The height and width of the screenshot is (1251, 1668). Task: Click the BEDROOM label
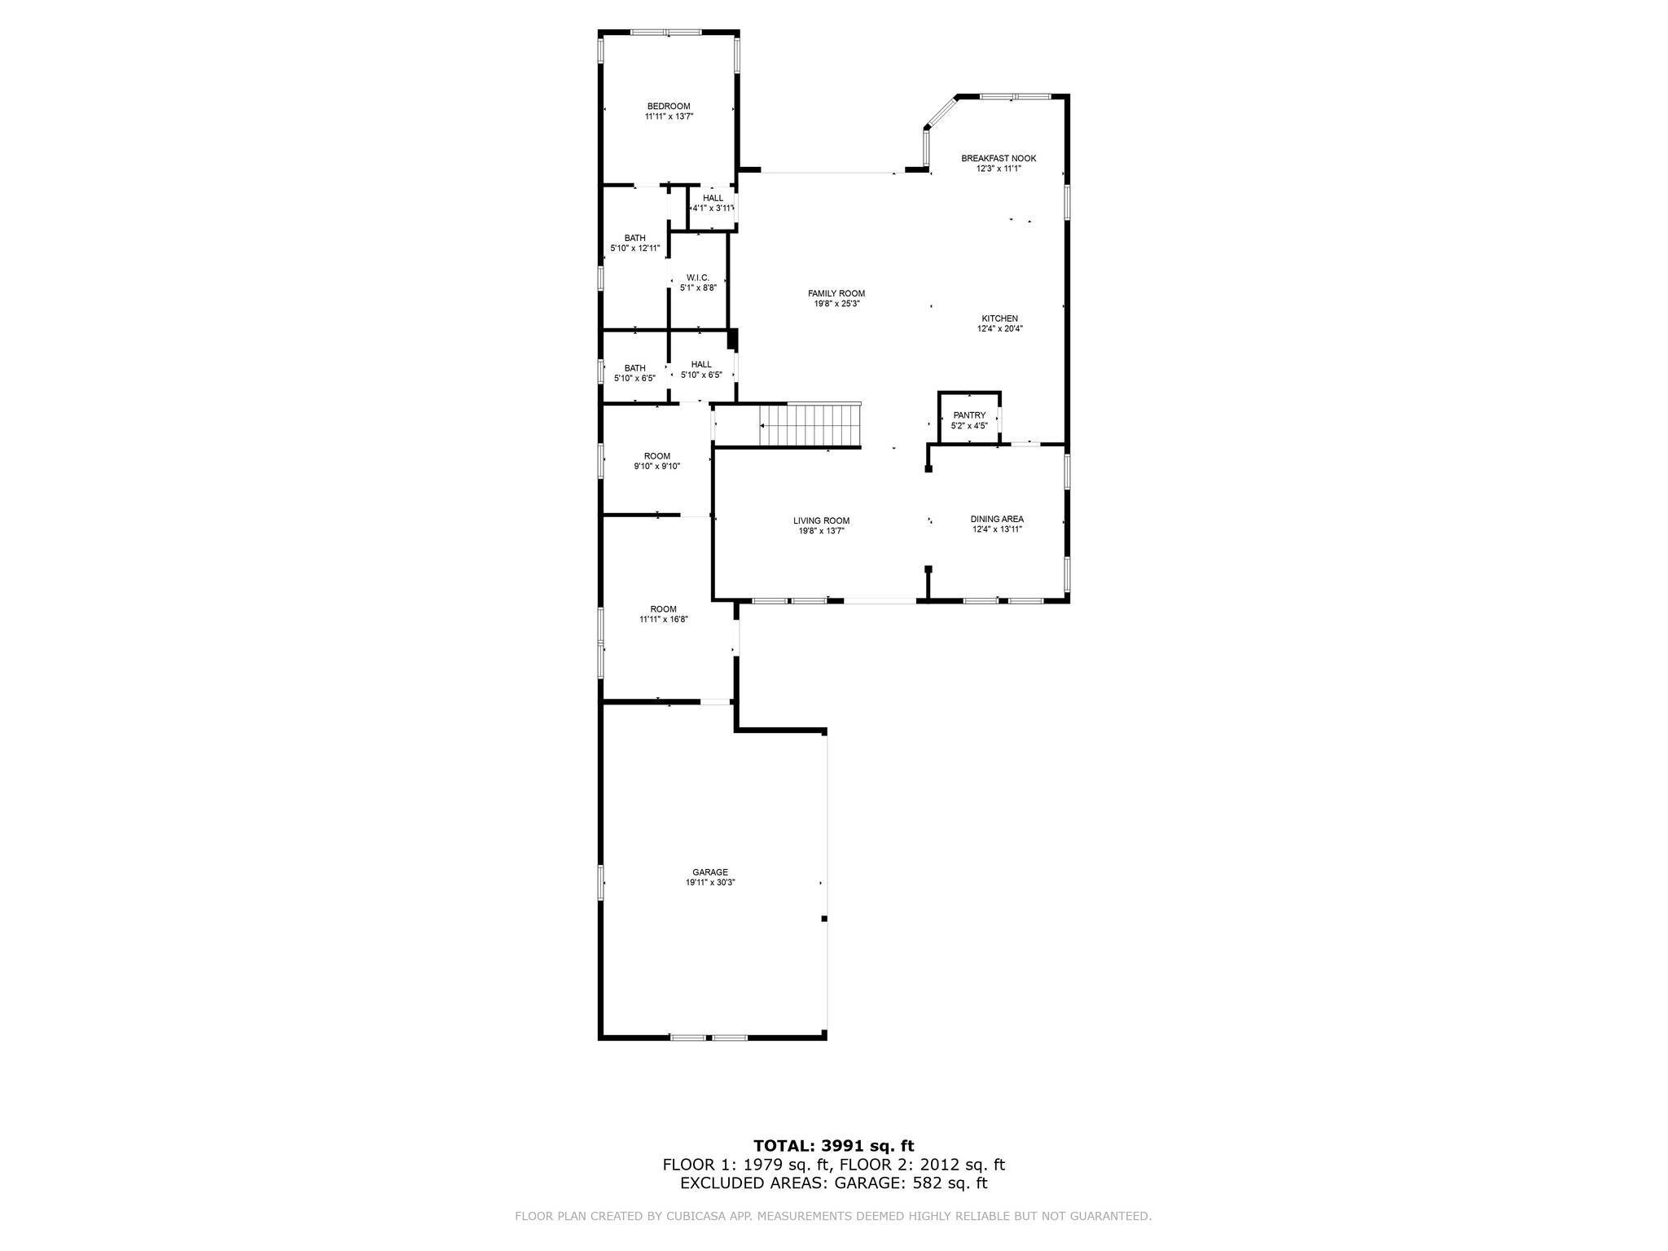click(669, 106)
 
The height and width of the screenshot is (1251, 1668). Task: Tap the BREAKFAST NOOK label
click(999, 158)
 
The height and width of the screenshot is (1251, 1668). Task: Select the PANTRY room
click(969, 419)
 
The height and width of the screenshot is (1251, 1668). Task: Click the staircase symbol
click(810, 426)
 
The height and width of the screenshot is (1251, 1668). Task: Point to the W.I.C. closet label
click(698, 278)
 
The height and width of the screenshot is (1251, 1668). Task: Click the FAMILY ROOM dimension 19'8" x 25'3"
click(836, 304)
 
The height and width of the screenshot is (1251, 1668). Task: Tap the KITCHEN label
click(999, 318)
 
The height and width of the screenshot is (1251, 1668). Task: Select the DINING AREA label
click(997, 519)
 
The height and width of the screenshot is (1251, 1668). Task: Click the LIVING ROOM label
click(821, 520)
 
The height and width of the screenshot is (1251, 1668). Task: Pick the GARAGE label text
click(710, 871)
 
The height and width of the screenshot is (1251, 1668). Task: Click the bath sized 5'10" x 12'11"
click(634, 243)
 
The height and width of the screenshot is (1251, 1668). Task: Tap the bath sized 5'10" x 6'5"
click(634, 372)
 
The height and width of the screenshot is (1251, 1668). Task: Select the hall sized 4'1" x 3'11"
click(713, 203)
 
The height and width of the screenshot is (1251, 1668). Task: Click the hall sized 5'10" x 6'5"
click(701, 369)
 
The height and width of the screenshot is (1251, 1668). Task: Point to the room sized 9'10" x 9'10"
click(656, 461)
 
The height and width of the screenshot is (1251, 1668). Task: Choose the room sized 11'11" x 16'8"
click(663, 613)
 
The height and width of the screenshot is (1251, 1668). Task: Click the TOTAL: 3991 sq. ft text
click(833, 1146)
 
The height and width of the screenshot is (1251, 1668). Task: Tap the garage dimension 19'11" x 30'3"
click(710, 882)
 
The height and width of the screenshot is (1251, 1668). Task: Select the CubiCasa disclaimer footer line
click(833, 1216)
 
